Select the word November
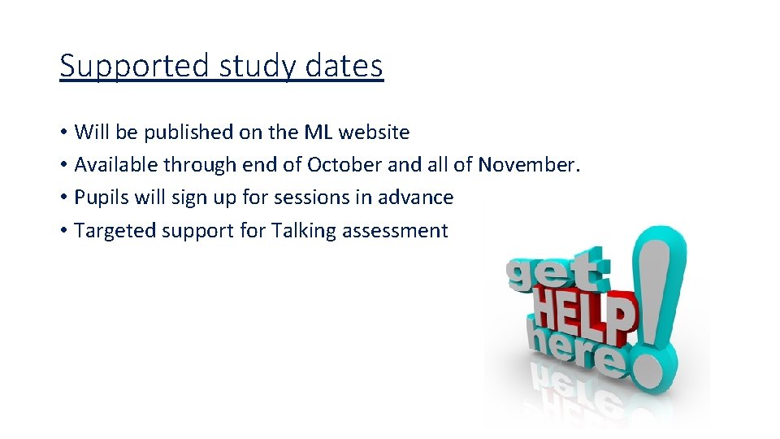(529, 165)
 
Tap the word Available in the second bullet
(116, 165)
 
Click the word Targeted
(115, 231)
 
